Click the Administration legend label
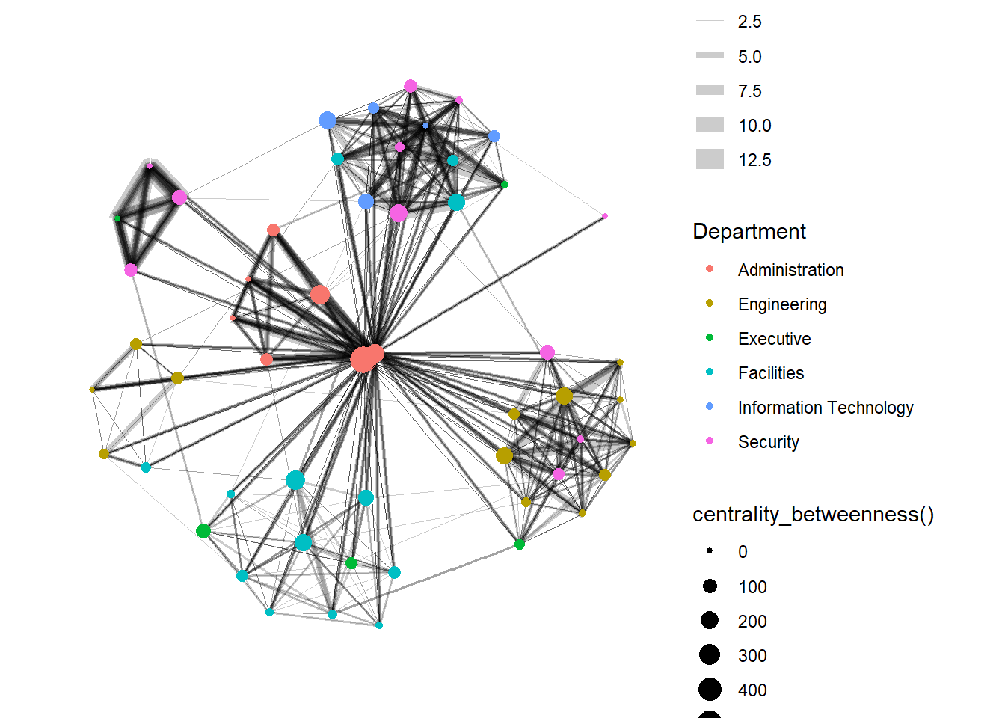click(790, 270)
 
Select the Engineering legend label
click(782, 304)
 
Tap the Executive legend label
click(774, 339)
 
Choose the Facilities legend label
click(771, 373)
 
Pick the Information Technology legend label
click(826, 408)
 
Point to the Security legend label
click(768, 442)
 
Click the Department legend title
click(749, 231)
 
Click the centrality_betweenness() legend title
click(813, 515)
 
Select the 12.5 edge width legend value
click(754, 160)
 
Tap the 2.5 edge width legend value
click(749, 22)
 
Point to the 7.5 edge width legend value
click(749, 91)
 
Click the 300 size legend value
click(752, 656)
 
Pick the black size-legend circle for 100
click(710, 586)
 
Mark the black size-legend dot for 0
click(710, 551)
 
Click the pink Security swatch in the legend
click(710, 441)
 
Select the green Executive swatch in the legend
click(710, 338)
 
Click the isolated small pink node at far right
click(604, 216)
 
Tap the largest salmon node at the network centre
click(363, 360)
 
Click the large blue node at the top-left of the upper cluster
click(328, 120)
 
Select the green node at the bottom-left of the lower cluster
click(203, 531)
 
